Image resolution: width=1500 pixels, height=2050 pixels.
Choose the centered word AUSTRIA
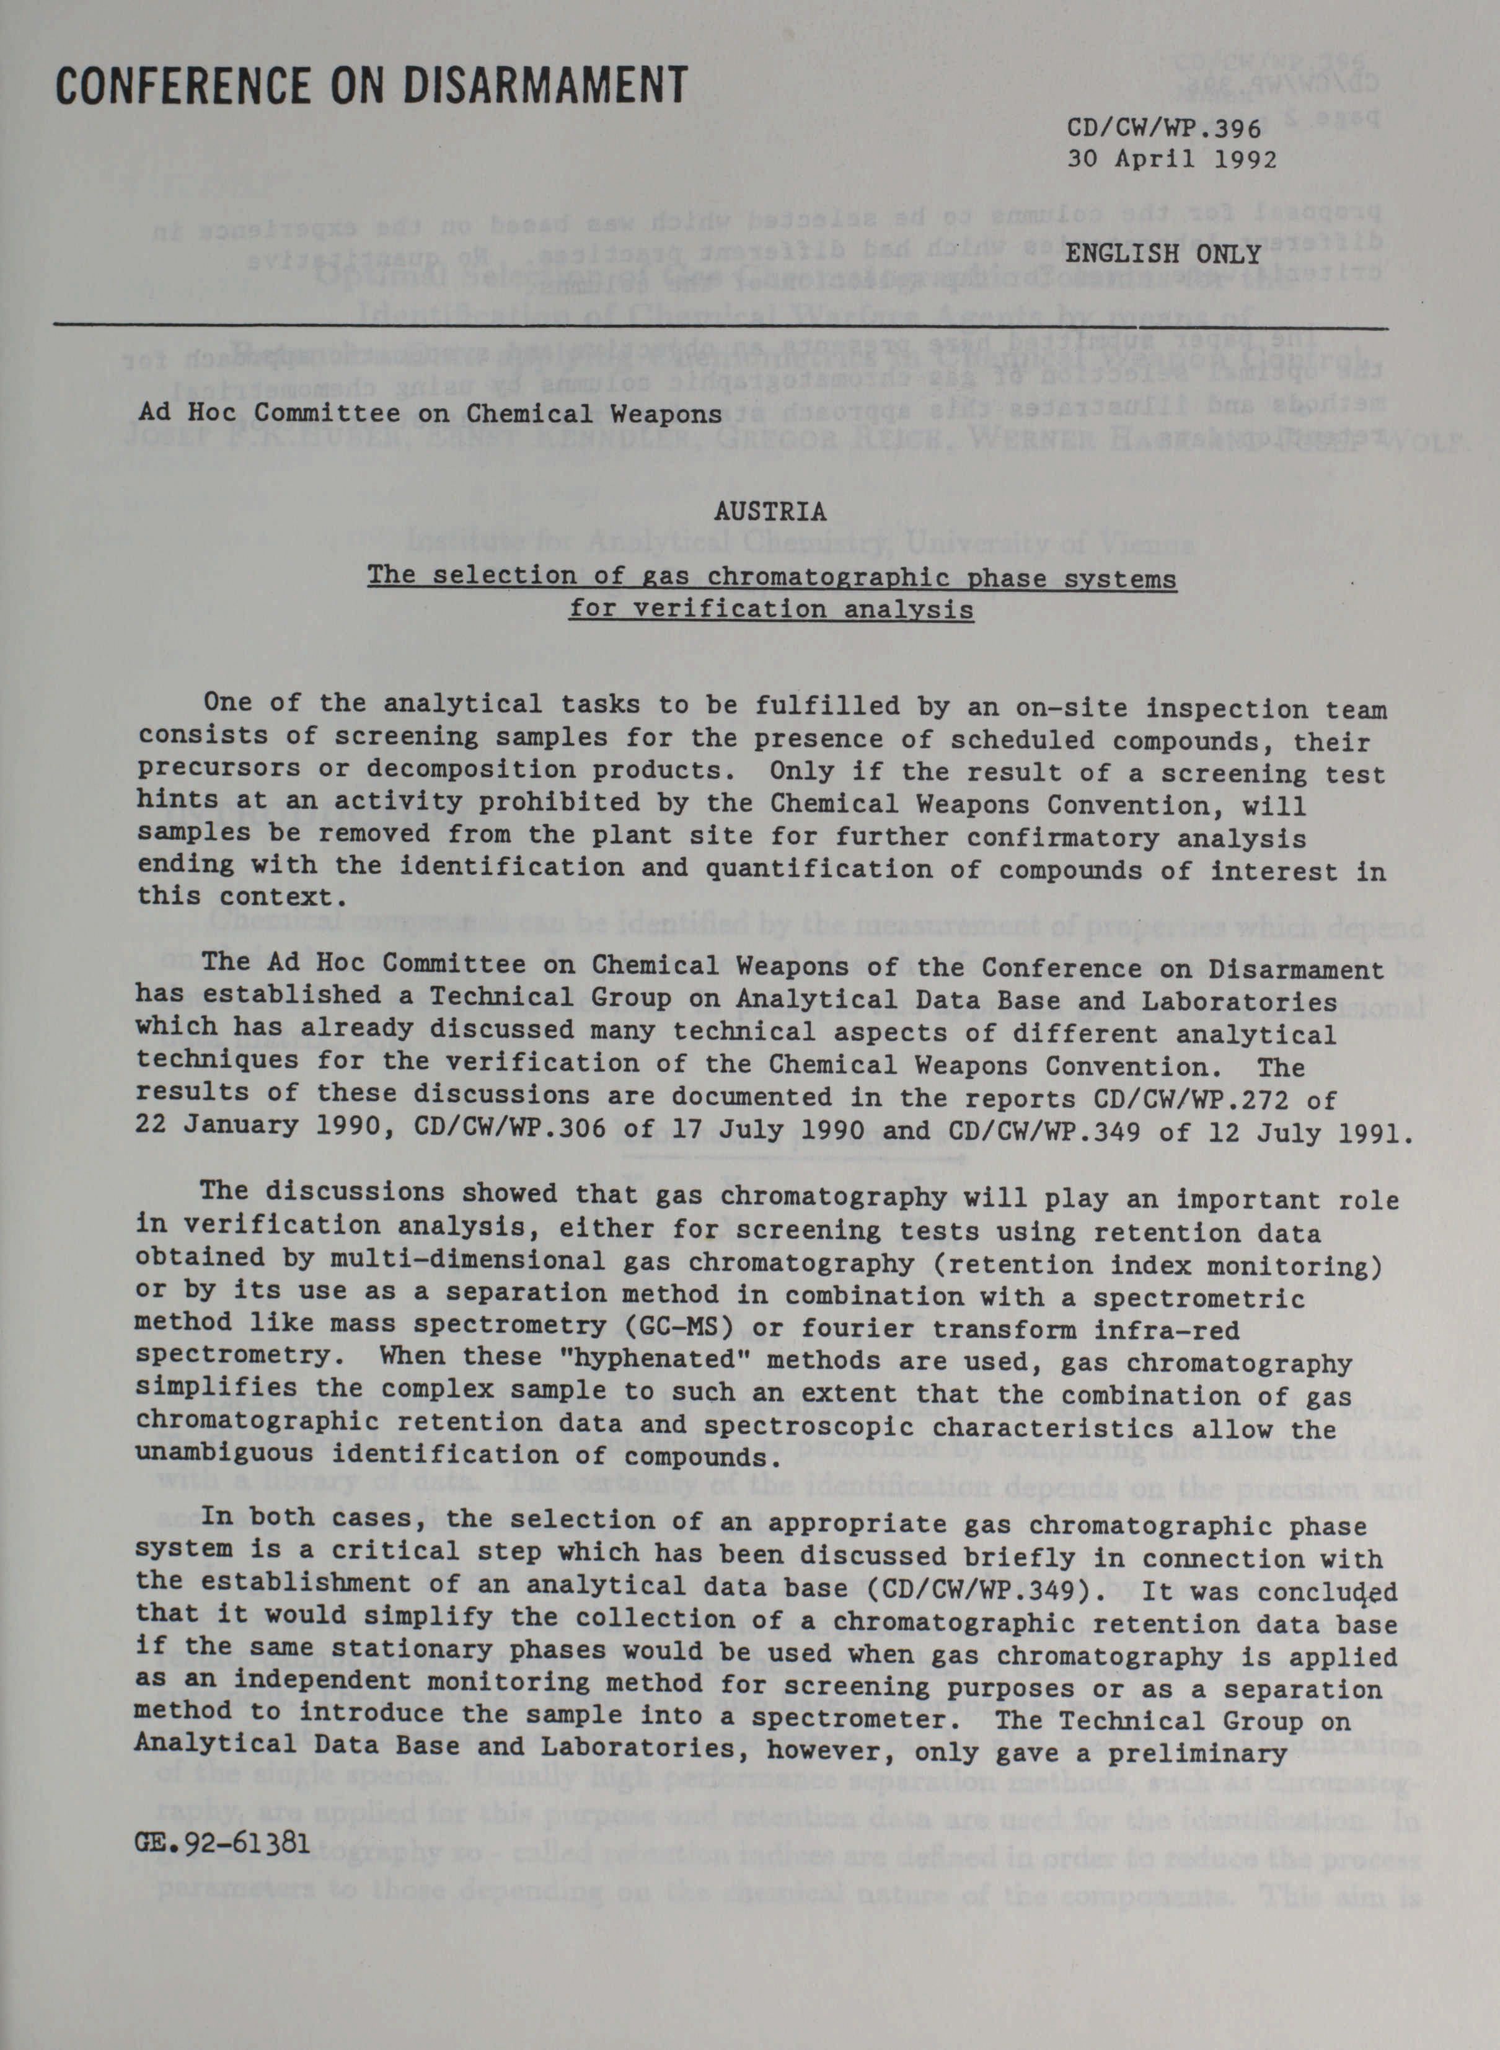(770, 512)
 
